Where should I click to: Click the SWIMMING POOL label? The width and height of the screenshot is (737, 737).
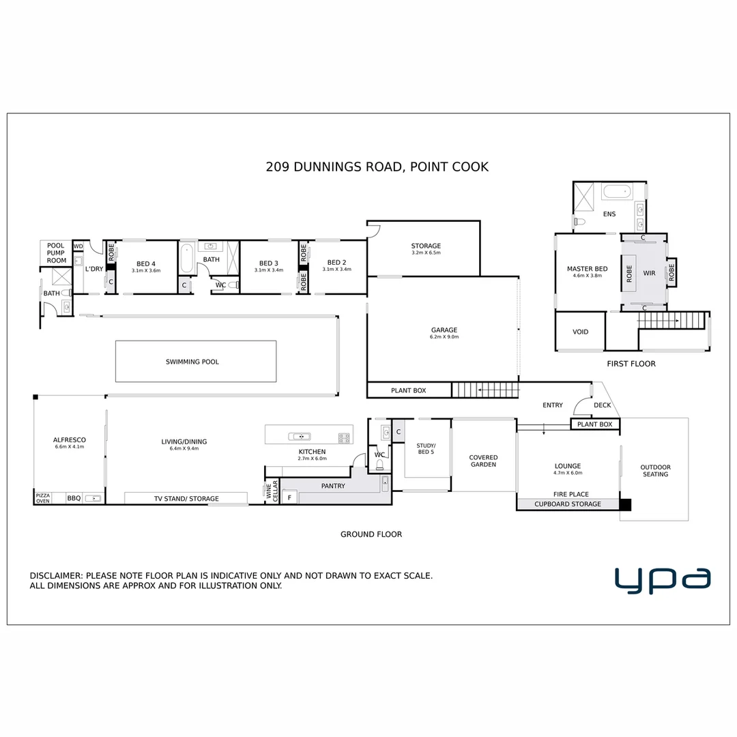click(192, 362)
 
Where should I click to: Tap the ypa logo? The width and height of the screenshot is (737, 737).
click(662, 579)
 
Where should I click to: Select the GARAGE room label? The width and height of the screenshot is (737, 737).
click(444, 330)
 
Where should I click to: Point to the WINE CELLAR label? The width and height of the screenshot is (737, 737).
click(272, 492)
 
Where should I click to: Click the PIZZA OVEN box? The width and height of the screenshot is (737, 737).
click(43, 498)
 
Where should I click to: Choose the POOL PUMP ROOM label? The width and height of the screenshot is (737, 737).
click(56, 252)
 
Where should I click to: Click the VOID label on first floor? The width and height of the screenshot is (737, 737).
click(580, 332)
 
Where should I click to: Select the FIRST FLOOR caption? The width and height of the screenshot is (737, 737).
click(631, 364)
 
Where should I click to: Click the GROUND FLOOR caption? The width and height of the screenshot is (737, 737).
click(371, 534)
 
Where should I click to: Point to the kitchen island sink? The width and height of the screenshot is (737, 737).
click(299, 437)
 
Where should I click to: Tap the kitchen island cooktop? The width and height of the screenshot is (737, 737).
click(344, 437)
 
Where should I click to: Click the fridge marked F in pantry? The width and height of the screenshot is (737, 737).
click(289, 498)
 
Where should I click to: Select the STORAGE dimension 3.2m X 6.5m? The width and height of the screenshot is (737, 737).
click(426, 253)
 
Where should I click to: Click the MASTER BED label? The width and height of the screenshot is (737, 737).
click(587, 269)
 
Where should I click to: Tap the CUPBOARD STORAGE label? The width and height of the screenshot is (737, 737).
click(568, 504)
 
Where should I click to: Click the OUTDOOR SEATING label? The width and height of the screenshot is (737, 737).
click(655, 471)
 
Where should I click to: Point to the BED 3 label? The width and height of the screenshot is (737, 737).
click(268, 263)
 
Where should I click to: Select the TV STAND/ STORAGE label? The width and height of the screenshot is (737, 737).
click(186, 499)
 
